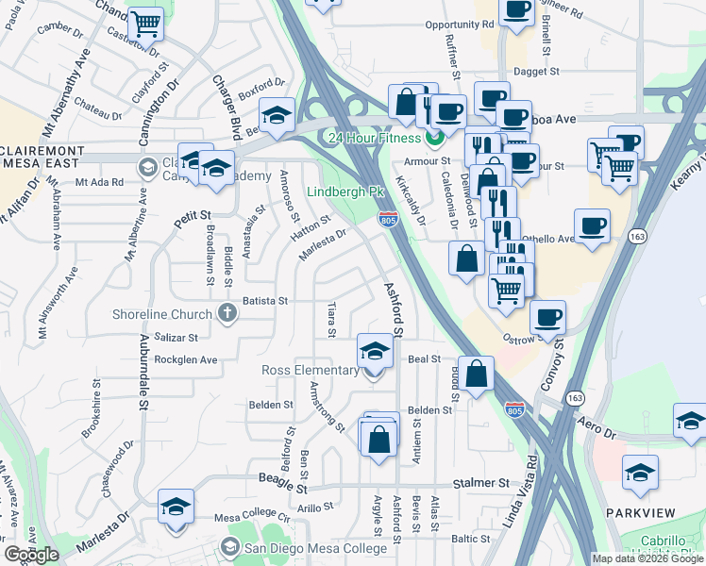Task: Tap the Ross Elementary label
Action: (x=311, y=370)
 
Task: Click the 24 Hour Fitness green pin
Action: (x=436, y=139)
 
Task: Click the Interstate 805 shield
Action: (x=387, y=220)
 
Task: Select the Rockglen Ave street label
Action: (x=186, y=359)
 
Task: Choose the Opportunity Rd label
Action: (x=460, y=25)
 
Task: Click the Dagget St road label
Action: (x=537, y=71)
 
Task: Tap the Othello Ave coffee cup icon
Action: (x=592, y=226)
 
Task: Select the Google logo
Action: (x=31, y=555)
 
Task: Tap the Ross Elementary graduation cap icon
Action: (x=375, y=353)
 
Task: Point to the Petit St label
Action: (x=192, y=219)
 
